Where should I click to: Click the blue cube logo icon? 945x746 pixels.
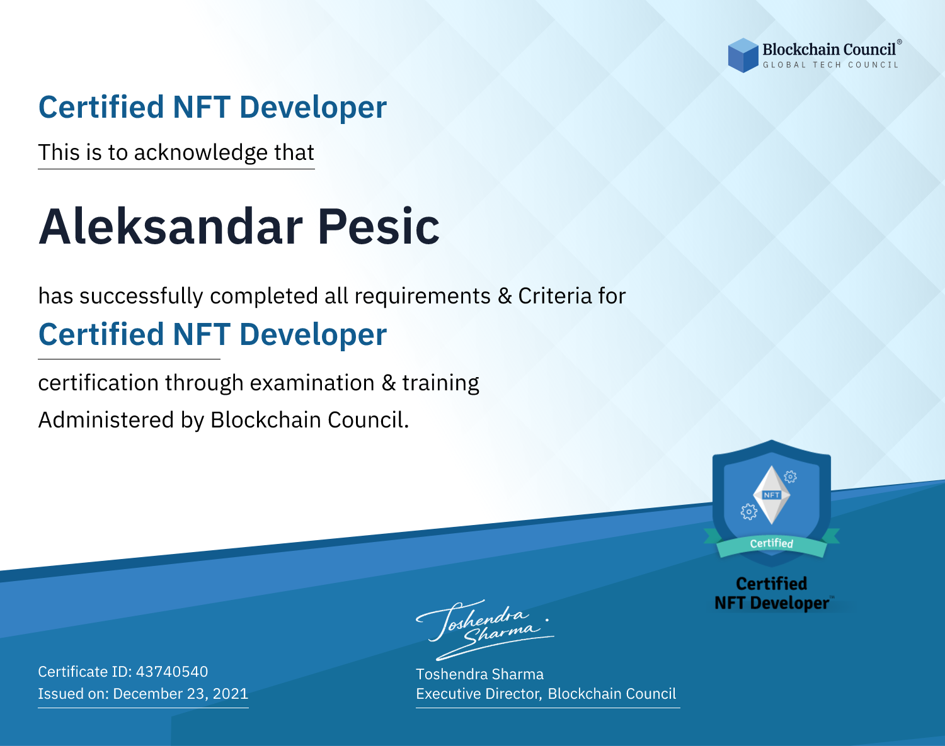pos(743,55)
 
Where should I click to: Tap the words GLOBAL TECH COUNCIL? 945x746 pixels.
pos(830,65)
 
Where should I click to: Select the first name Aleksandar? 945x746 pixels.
pos(170,227)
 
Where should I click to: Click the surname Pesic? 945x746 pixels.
pos(379,227)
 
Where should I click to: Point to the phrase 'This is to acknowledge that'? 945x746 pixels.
pos(176,153)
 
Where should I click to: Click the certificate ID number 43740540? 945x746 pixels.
pos(172,671)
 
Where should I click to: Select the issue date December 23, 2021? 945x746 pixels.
pos(180,693)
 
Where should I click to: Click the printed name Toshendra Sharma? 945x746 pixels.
pos(479,674)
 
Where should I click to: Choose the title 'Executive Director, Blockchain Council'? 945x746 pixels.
pos(546,694)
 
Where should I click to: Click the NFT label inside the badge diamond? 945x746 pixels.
pos(772,495)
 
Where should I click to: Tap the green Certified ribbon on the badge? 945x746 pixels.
pos(772,544)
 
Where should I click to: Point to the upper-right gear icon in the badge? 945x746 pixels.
pos(791,477)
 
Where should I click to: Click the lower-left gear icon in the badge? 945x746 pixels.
pos(748,512)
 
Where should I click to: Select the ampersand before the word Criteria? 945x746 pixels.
pos(505,297)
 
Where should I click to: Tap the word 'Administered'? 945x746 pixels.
pos(106,420)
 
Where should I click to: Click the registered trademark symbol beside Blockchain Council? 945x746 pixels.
pos(900,42)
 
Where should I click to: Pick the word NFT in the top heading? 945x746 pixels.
pos(202,107)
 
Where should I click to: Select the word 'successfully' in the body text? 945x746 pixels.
pos(141,297)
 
